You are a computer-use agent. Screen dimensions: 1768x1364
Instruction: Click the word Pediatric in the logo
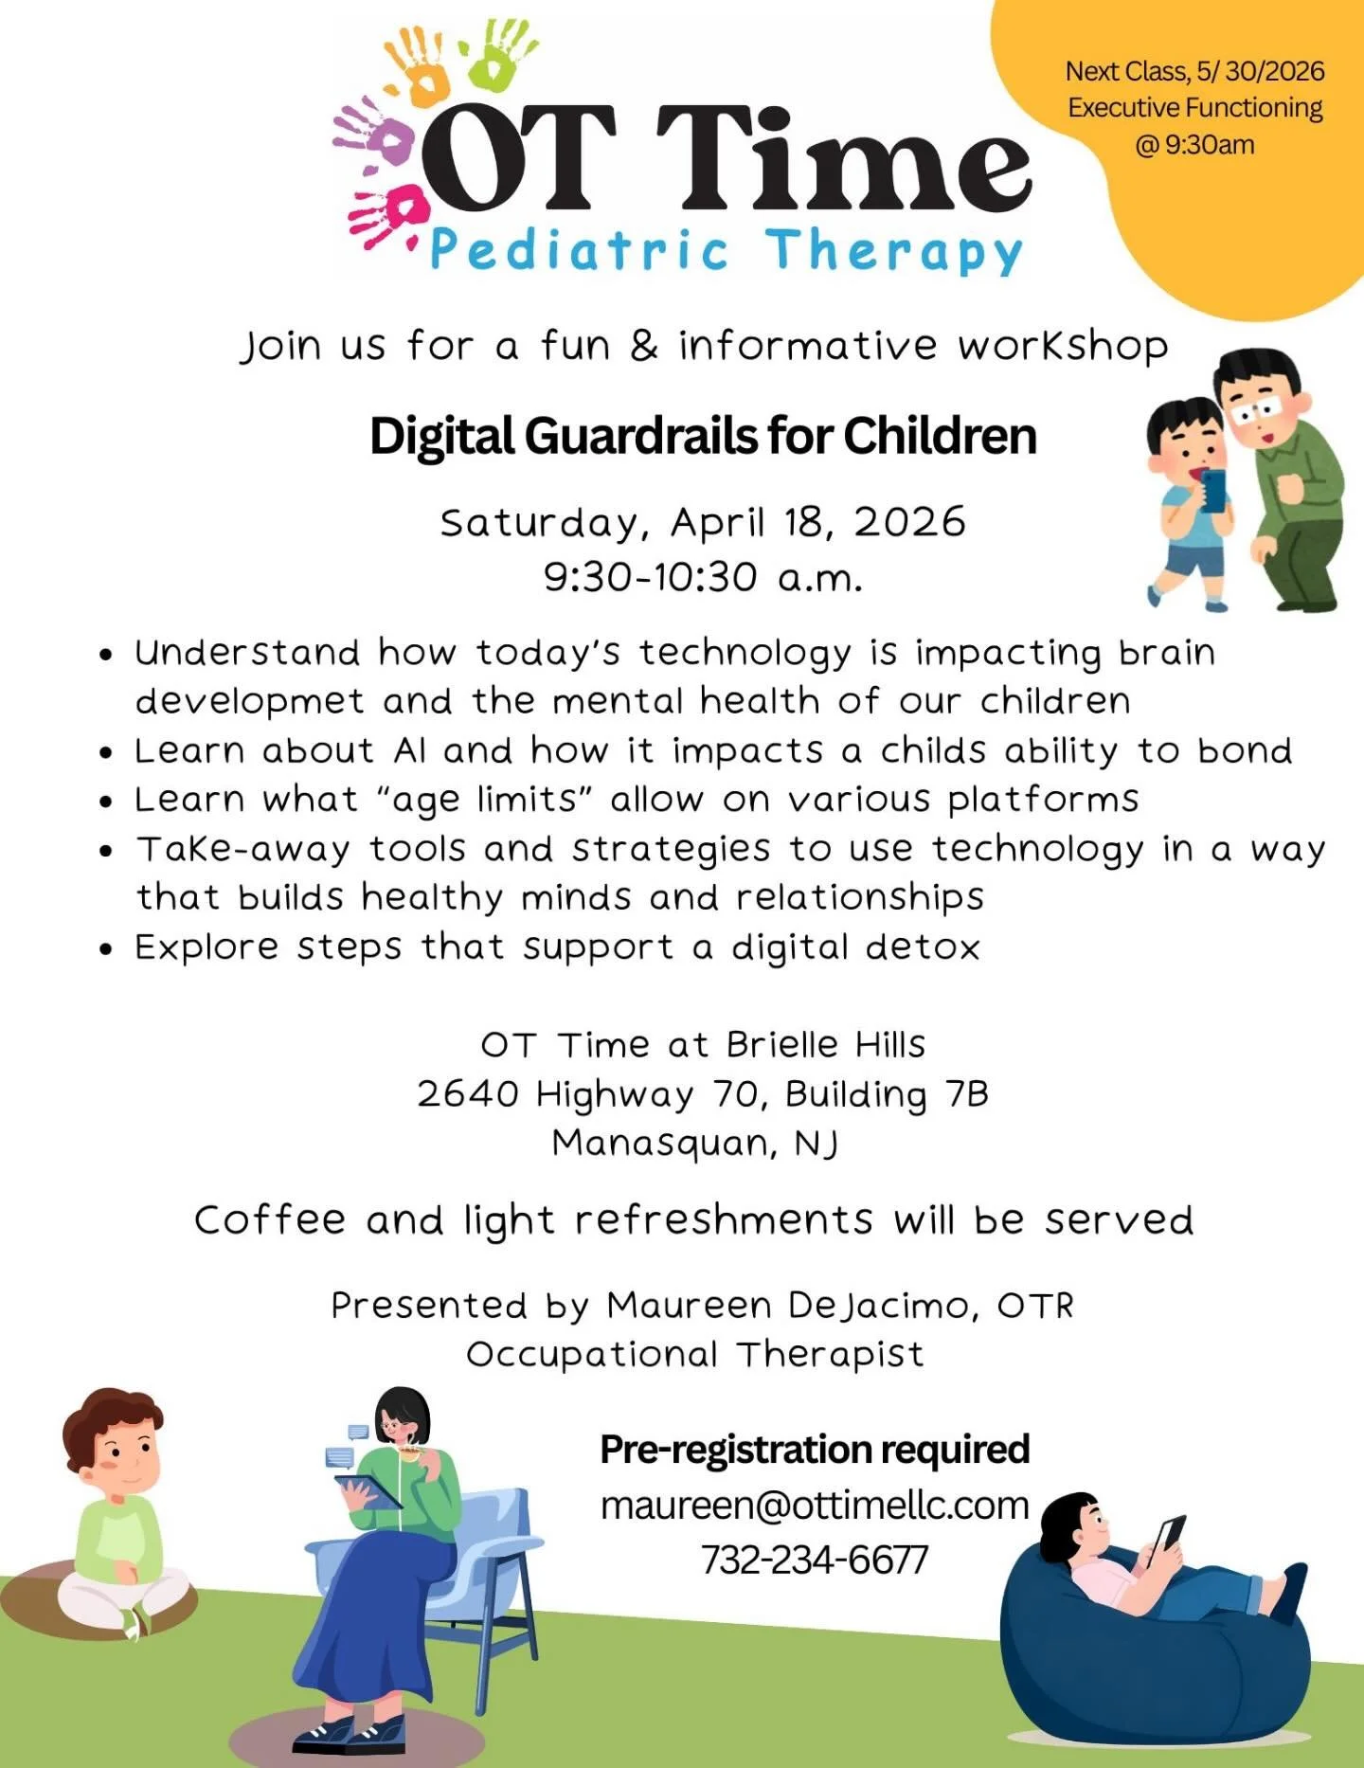tap(579, 250)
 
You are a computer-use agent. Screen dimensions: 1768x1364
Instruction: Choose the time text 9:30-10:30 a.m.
tap(702, 576)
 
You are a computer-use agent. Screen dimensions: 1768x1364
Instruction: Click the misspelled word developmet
tap(249, 702)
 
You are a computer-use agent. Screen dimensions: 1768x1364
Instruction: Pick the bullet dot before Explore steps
tap(109, 948)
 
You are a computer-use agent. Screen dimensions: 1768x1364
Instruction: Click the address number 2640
tap(468, 1094)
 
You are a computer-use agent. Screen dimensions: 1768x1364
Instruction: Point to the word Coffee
tap(270, 1220)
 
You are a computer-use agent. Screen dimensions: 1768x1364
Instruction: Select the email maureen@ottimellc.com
tap(815, 1506)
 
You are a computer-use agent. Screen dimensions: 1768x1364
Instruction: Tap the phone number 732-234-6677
tap(815, 1560)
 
